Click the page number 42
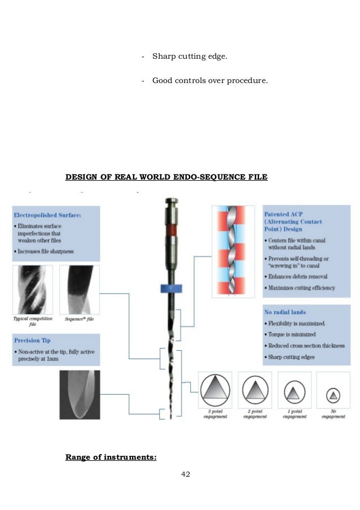186,474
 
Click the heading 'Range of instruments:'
111,456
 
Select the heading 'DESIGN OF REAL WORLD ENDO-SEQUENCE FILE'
166,177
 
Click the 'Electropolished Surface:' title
49,215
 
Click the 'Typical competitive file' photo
33,290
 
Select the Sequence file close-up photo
80,290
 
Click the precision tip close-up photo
80,394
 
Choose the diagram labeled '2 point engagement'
255,390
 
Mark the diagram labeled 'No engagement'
333,390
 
